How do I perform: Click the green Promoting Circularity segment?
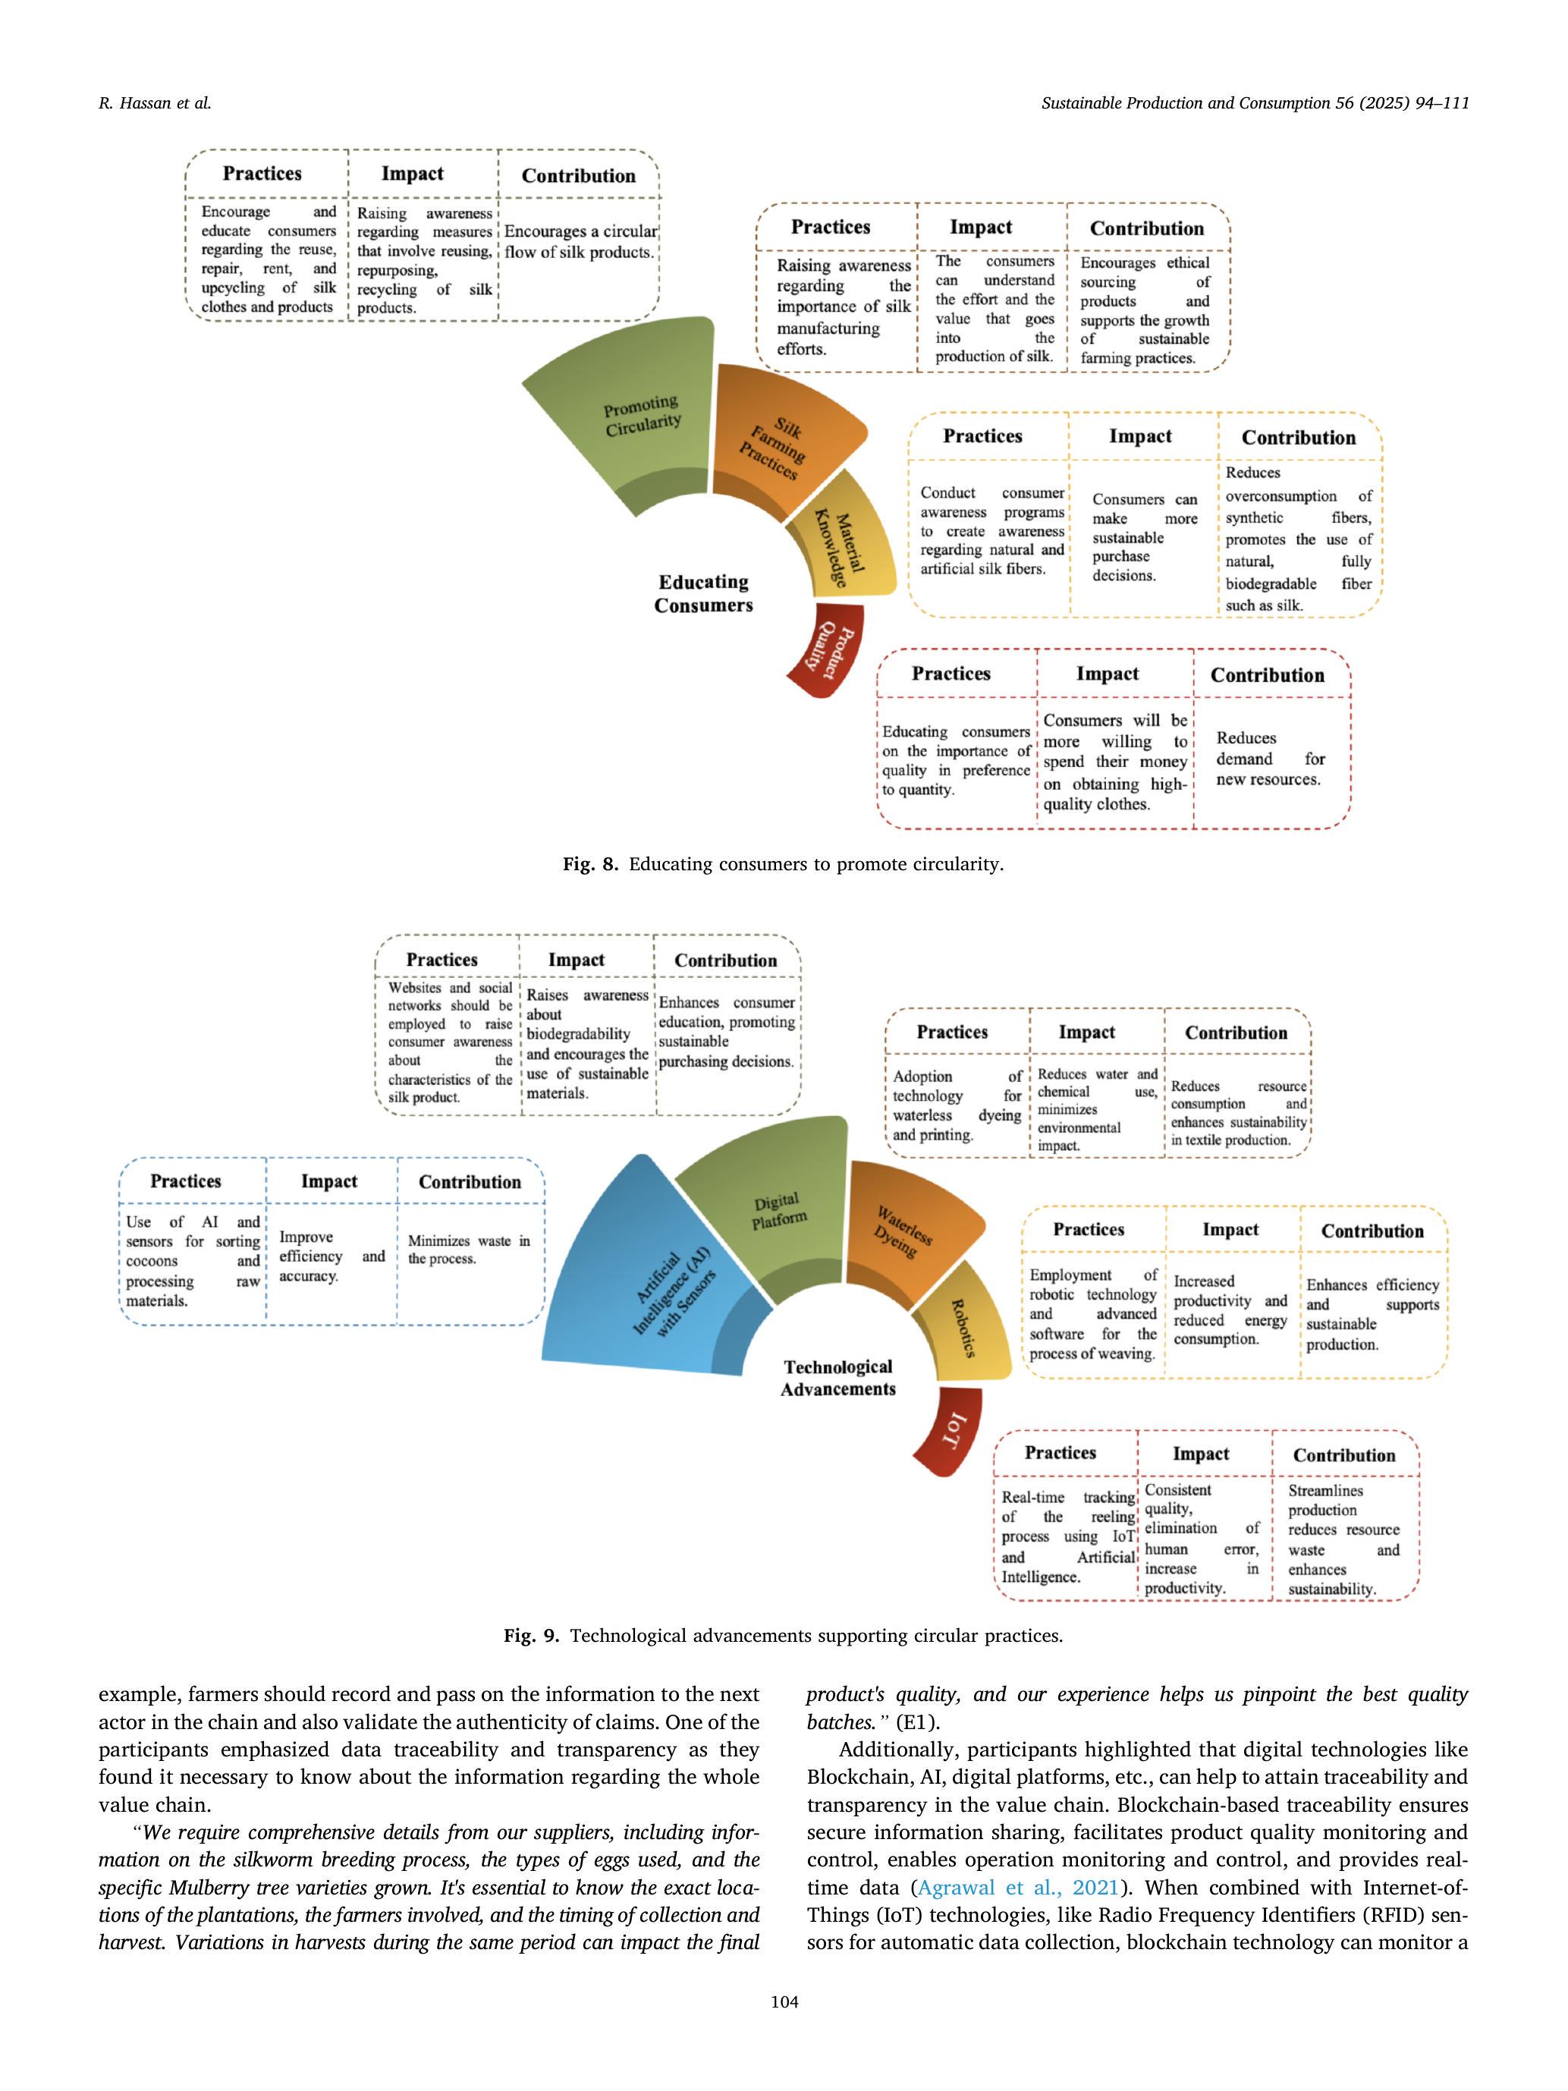tap(633, 416)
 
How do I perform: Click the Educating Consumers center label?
tap(703, 593)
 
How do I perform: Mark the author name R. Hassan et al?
tap(155, 104)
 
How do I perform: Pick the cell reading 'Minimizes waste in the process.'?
tap(469, 1250)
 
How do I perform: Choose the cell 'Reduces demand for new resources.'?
tap(1268, 758)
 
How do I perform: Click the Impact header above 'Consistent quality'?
tap(1200, 1454)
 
